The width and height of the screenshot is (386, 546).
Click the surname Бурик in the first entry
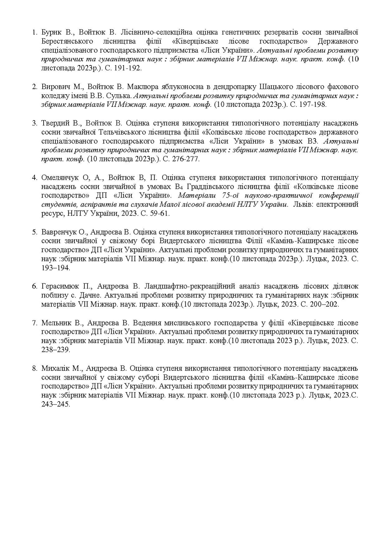(50, 32)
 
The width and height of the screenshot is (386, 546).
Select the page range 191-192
(130, 68)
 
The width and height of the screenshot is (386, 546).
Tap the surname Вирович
(53, 87)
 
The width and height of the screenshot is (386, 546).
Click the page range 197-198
(312, 105)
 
